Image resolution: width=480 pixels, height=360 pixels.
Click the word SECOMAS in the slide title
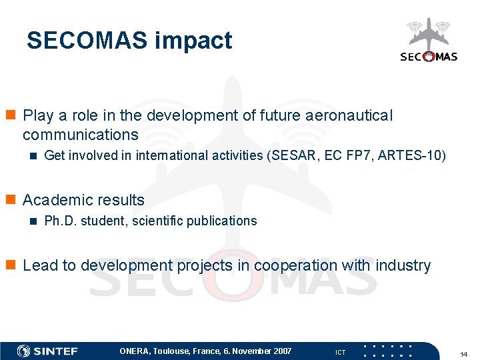87,41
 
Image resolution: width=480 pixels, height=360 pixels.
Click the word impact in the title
193,41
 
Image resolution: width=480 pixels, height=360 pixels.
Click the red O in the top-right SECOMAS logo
428,57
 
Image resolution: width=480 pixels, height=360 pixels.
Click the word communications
80,135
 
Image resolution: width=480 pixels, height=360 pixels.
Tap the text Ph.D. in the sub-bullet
58,221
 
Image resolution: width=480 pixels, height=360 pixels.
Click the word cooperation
295,265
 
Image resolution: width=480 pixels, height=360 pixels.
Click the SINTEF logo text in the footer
56,351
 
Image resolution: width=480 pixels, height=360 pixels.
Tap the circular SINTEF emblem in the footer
23,351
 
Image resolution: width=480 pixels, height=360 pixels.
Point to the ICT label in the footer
340,352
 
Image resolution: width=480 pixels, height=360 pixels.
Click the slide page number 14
464,353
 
